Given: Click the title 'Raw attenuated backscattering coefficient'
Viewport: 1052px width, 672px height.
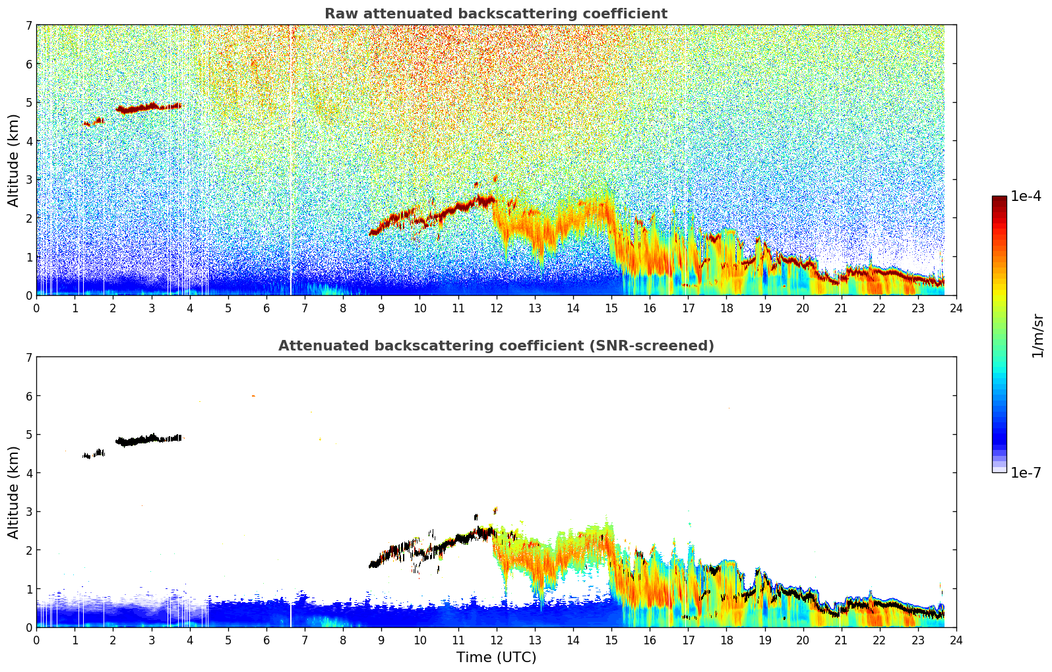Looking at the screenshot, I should [495, 14].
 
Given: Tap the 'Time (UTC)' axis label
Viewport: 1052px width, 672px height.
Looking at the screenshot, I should [496, 657].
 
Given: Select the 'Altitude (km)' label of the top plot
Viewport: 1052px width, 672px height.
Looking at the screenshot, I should [14, 160].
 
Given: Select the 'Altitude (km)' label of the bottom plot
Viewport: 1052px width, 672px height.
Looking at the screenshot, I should [14, 492].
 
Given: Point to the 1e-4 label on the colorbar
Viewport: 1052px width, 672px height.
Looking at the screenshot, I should [1026, 196].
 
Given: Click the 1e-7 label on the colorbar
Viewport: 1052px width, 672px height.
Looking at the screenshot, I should [1026, 472].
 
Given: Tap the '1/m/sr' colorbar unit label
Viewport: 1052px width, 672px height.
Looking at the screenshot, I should [1037, 335].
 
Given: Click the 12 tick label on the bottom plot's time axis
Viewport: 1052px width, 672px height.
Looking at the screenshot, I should [496, 640].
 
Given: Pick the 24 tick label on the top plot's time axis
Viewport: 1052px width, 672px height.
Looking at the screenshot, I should [956, 308].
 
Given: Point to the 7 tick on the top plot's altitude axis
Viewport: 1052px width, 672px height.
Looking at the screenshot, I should [29, 26].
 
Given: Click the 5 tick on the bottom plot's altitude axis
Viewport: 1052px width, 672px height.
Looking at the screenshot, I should [29, 435].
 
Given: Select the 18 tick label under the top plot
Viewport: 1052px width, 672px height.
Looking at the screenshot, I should [726, 308].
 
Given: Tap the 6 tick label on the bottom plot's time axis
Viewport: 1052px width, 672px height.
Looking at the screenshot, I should [266, 640].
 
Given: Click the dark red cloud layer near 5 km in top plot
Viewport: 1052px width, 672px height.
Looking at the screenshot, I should [148, 107].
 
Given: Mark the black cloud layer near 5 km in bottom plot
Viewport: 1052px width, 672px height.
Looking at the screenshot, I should [148, 439].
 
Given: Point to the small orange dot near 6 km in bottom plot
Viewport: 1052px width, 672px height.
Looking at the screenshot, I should [253, 396].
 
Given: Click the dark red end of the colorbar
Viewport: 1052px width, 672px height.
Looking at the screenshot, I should [999, 200].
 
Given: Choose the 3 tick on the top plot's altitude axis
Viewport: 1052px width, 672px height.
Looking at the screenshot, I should [29, 180].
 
